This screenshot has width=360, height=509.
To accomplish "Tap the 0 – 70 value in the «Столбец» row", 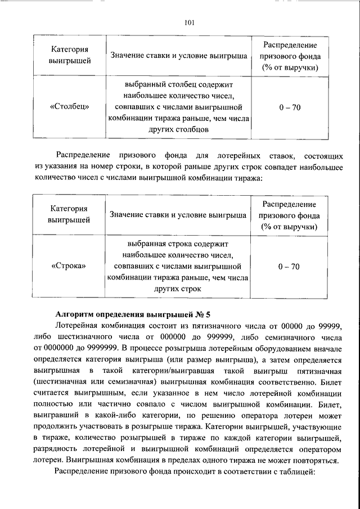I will coord(289,107).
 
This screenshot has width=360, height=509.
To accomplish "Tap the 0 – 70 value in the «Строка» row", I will coord(289,266).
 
